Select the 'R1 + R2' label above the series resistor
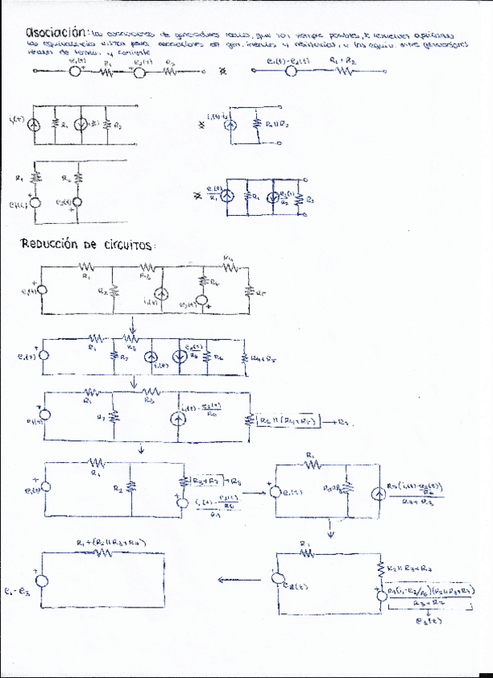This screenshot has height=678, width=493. coord(344,60)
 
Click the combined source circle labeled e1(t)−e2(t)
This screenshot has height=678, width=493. coord(291,71)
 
